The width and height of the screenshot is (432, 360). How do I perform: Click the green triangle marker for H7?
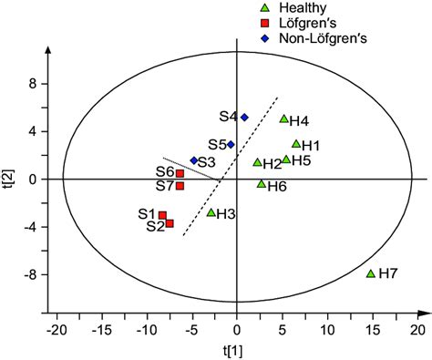[371, 273]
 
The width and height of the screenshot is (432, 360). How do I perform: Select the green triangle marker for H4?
[283, 118]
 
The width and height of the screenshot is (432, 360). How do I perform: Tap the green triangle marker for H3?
[211, 212]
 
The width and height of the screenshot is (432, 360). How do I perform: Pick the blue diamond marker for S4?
[244, 117]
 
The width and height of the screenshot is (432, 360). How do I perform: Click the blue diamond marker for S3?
[193, 160]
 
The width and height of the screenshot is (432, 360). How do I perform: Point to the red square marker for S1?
[162, 215]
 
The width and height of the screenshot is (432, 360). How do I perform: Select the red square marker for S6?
[180, 173]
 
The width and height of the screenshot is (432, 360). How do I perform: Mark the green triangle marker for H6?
[261, 184]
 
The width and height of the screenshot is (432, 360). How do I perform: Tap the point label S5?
[217, 144]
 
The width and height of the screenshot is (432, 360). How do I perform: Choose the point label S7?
[164, 186]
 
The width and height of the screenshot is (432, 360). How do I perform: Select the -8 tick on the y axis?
[27, 274]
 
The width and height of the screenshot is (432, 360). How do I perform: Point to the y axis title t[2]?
[8, 179]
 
